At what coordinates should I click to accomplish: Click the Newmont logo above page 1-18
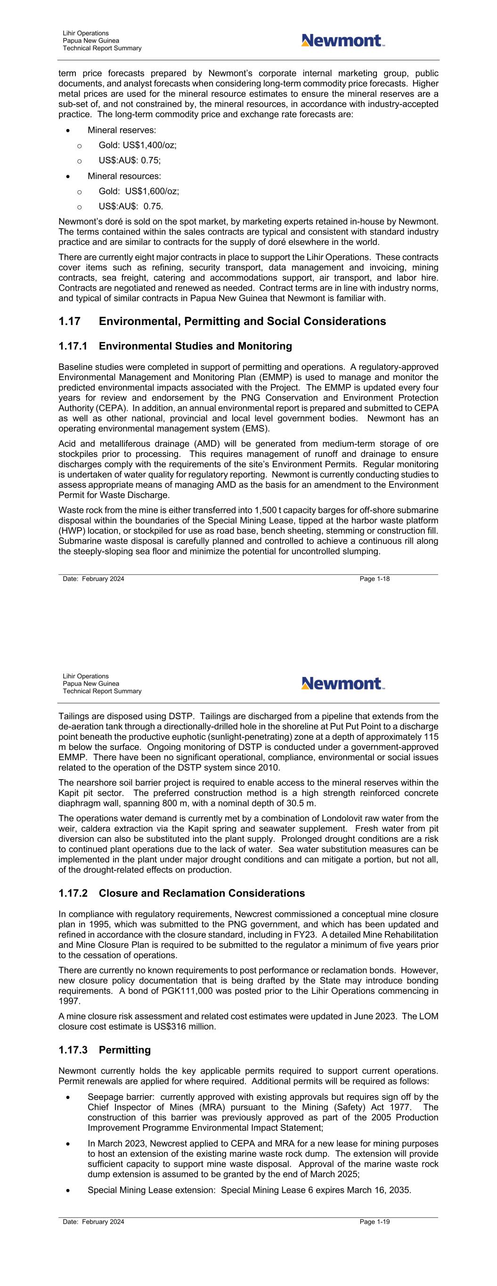[x=342, y=41]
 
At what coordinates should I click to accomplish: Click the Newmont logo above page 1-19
[x=342, y=683]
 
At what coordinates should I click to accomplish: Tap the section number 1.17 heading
[x=69, y=321]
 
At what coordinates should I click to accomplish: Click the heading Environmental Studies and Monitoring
[x=196, y=346]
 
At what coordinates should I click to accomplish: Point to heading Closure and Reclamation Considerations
[x=202, y=893]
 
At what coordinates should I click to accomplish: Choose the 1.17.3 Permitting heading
[x=105, y=1050]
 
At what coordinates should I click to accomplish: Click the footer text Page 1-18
[x=375, y=578]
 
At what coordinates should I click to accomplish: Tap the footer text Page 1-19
[x=375, y=1221]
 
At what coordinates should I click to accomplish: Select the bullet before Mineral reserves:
[x=68, y=131]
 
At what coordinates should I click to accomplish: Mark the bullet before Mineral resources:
[x=68, y=177]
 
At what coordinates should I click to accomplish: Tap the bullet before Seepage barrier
[x=68, y=1097]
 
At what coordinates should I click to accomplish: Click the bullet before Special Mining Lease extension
[x=68, y=1191]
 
